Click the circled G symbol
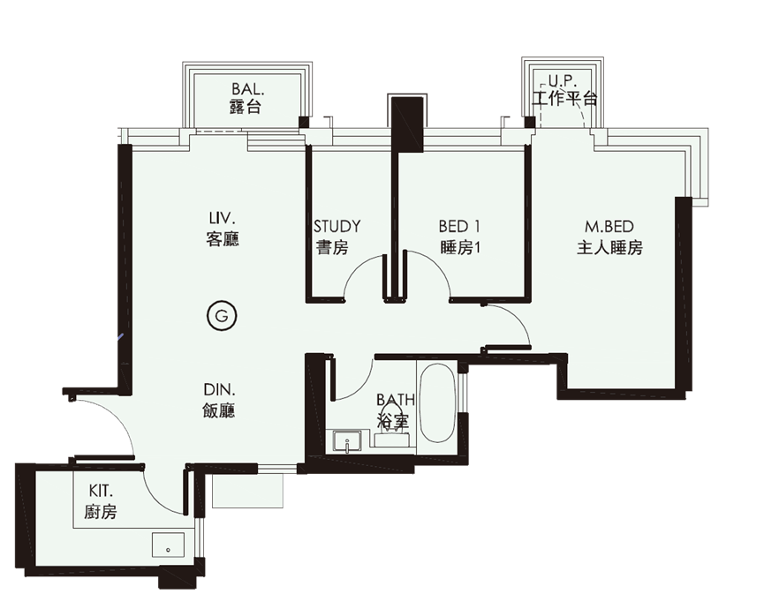(x=221, y=317)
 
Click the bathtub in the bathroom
(x=436, y=403)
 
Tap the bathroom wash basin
(x=346, y=441)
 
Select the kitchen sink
(x=168, y=545)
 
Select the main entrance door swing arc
(x=117, y=414)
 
